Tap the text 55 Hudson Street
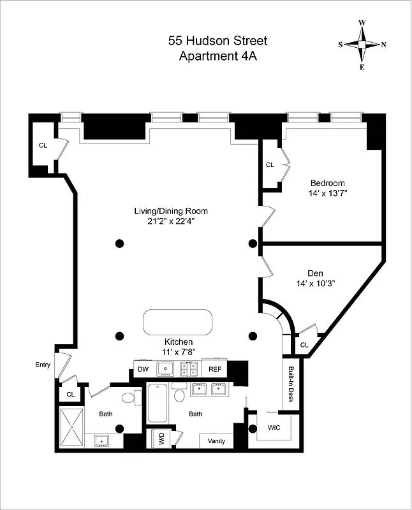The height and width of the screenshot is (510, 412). [217, 41]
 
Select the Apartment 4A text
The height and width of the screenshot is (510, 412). [217, 55]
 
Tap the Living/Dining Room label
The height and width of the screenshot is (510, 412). [170, 211]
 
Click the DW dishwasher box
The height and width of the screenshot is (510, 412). [143, 368]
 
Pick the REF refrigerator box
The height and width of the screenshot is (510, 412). [214, 368]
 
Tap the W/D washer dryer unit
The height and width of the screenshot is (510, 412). [160, 439]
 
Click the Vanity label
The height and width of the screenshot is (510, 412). [216, 441]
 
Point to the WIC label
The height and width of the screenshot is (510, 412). [274, 428]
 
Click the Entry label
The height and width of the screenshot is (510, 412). [43, 365]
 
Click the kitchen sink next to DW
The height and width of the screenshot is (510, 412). [166, 368]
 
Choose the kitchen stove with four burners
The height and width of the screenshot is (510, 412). [189, 368]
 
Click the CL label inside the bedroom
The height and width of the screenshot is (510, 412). [269, 164]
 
